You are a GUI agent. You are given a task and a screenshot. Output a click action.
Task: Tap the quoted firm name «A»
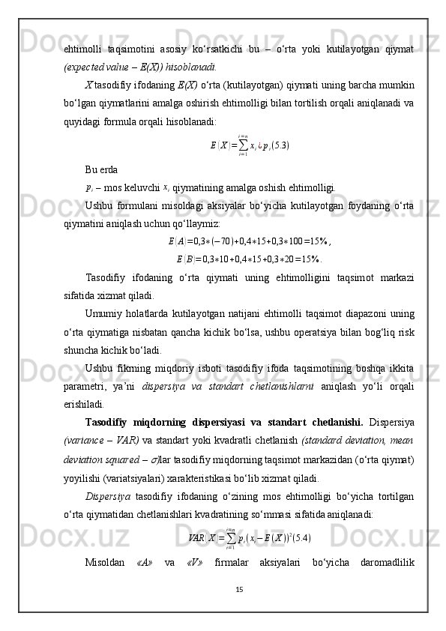(145, 563)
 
